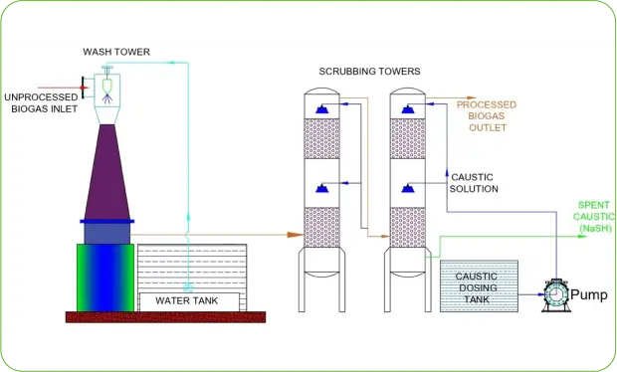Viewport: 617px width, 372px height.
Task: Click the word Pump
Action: coord(588,294)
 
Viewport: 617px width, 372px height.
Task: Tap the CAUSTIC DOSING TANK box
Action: coord(479,285)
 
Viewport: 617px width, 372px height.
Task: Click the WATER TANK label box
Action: coord(189,300)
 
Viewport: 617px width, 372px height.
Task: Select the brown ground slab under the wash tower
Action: coord(165,317)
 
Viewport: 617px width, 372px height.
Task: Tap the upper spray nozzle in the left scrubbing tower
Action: coord(321,107)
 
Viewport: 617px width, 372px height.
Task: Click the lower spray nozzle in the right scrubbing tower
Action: coord(408,187)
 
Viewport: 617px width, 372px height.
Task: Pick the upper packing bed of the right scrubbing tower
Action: coord(408,140)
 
